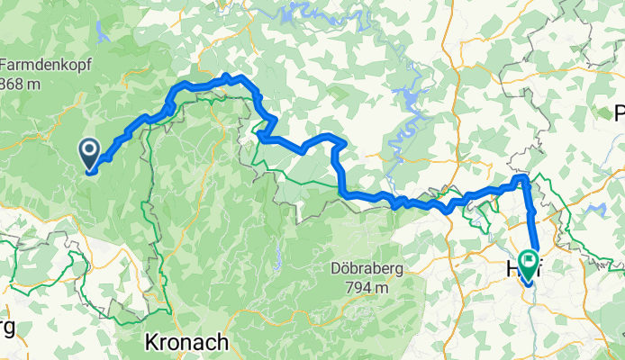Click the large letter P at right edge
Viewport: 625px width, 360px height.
point(619,113)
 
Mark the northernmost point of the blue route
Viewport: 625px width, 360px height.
point(227,76)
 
